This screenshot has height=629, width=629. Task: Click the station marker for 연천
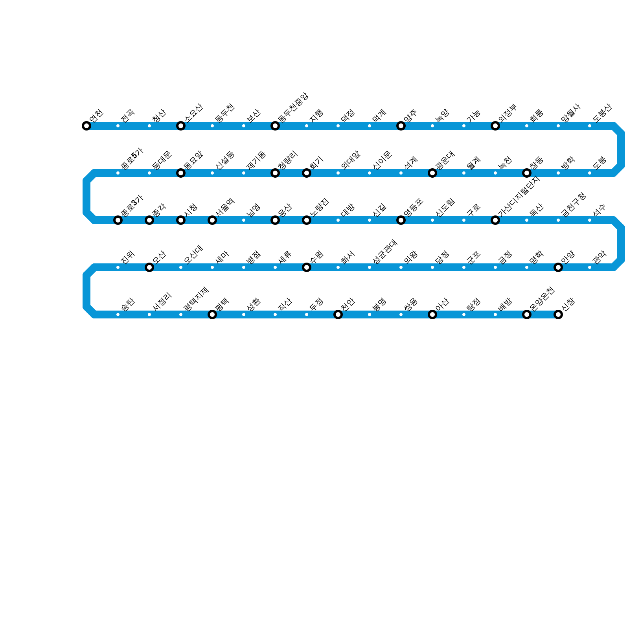tap(86, 126)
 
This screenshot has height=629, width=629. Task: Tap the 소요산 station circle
tap(181, 126)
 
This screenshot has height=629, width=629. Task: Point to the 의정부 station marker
tap(495, 126)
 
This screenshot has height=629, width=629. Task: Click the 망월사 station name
tap(571, 113)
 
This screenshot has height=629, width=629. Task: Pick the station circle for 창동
tap(527, 173)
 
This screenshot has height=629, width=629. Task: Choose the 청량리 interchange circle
tap(275, 173)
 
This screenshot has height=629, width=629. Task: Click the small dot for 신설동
tap(212, 173)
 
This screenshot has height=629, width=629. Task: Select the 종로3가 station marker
tap(118, 220)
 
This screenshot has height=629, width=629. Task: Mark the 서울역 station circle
tap(212, 220)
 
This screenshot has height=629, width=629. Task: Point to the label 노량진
tap(319, 207)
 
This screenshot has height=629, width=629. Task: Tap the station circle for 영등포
tap(401, 220)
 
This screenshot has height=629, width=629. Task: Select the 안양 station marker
tap(558, 267)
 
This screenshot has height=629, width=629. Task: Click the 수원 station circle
tap(307, 267)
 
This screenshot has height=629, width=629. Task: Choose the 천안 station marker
tap(338, 314)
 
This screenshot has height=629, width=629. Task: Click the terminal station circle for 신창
tap(558, 314)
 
